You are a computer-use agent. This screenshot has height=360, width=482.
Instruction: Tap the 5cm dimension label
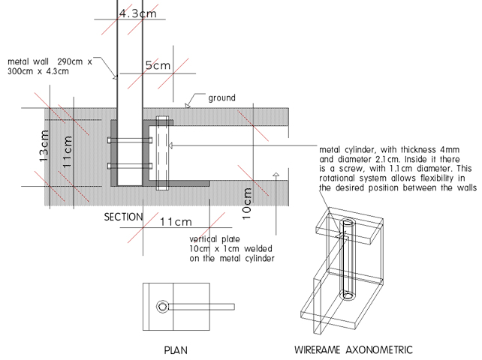[156, 66]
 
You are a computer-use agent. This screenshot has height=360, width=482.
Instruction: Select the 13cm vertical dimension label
[44, 147]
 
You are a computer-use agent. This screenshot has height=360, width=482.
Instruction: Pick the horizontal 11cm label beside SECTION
[176, 222]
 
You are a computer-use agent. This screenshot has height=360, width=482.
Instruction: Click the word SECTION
[123, 217]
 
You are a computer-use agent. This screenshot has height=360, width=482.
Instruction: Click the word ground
[222, 97]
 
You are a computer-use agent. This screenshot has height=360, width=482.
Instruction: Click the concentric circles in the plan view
[163, 307]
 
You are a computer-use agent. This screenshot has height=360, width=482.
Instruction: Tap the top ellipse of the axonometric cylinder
[349, 223]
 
